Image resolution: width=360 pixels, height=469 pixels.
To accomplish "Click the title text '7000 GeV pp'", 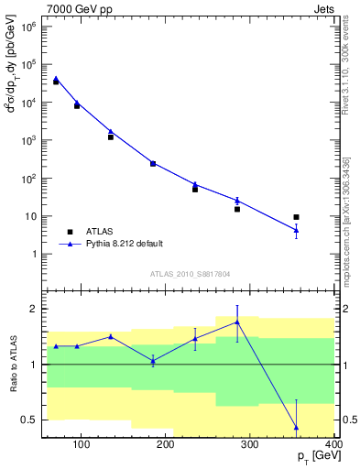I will [x=74, y=7].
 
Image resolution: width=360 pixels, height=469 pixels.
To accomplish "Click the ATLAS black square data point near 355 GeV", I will [x=296, y=217].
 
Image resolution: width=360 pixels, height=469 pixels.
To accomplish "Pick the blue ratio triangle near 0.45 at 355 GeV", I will [x=296, y=427].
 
